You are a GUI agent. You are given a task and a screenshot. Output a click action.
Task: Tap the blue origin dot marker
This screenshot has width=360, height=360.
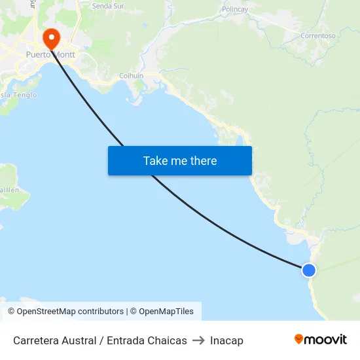click(308, 270)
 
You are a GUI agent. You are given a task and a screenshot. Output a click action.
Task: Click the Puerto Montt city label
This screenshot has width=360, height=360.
click(50, 55)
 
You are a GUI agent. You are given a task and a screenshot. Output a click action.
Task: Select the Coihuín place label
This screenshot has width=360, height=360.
click(131, 76)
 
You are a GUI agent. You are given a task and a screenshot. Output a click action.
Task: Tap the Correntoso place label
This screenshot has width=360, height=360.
click(317, 36)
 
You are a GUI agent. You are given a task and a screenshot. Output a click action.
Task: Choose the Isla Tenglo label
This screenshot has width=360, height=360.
click(18, 95)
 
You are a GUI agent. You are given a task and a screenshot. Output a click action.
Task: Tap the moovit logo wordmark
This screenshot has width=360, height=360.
click(326, 340)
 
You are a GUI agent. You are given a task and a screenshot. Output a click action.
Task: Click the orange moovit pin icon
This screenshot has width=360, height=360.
click(299, 339)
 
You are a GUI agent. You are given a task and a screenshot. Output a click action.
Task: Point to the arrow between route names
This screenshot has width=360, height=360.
click(198, 340)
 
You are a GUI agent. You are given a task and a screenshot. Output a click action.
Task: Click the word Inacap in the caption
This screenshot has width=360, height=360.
click(226, 340)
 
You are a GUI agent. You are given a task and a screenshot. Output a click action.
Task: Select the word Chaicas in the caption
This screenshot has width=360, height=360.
click(167, 340)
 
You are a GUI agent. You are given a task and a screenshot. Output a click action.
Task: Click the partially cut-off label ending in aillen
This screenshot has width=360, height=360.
click(9, 189)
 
